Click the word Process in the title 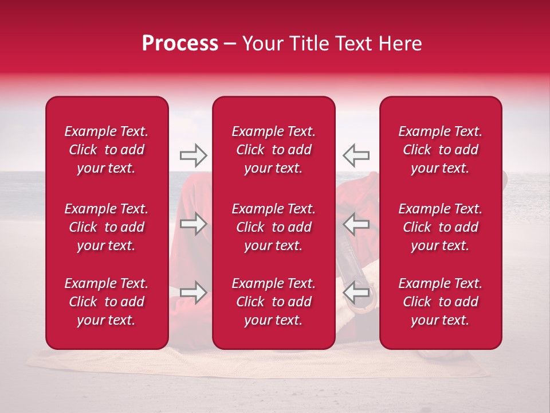[180, 44]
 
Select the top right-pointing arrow [193, 155]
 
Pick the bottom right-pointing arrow [193, 293]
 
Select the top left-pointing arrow [356, 155]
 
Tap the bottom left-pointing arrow [356, 293]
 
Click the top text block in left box [107, 150]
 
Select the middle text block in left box [107, 227]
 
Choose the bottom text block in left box [107, 302]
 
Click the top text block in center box [273, 150]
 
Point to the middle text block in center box [273, 227]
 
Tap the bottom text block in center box [273, 302]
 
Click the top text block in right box [440, 150]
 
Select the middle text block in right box [440, 227]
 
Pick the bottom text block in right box [440, 302]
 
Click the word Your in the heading [262, 44]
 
